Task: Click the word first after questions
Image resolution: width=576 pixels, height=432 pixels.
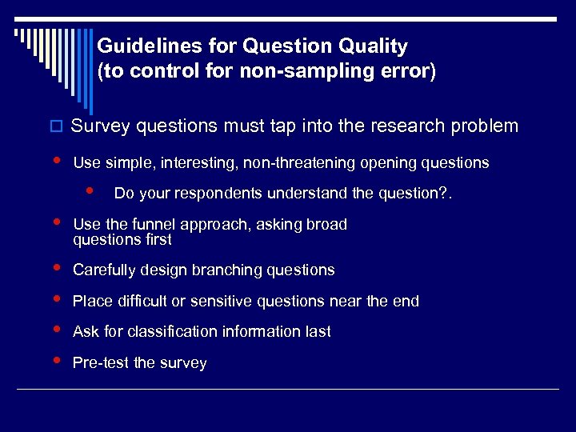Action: coord(156,239)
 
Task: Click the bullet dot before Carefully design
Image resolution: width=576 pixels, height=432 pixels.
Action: coord(55,268)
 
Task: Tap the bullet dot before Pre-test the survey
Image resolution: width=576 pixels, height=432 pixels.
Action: coord(55,361)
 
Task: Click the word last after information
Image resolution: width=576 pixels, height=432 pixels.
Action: coord(316,332)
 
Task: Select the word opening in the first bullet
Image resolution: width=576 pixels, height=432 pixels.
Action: coord(390,163)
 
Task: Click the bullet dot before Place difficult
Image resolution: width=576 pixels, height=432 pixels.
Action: coord(55,299)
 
